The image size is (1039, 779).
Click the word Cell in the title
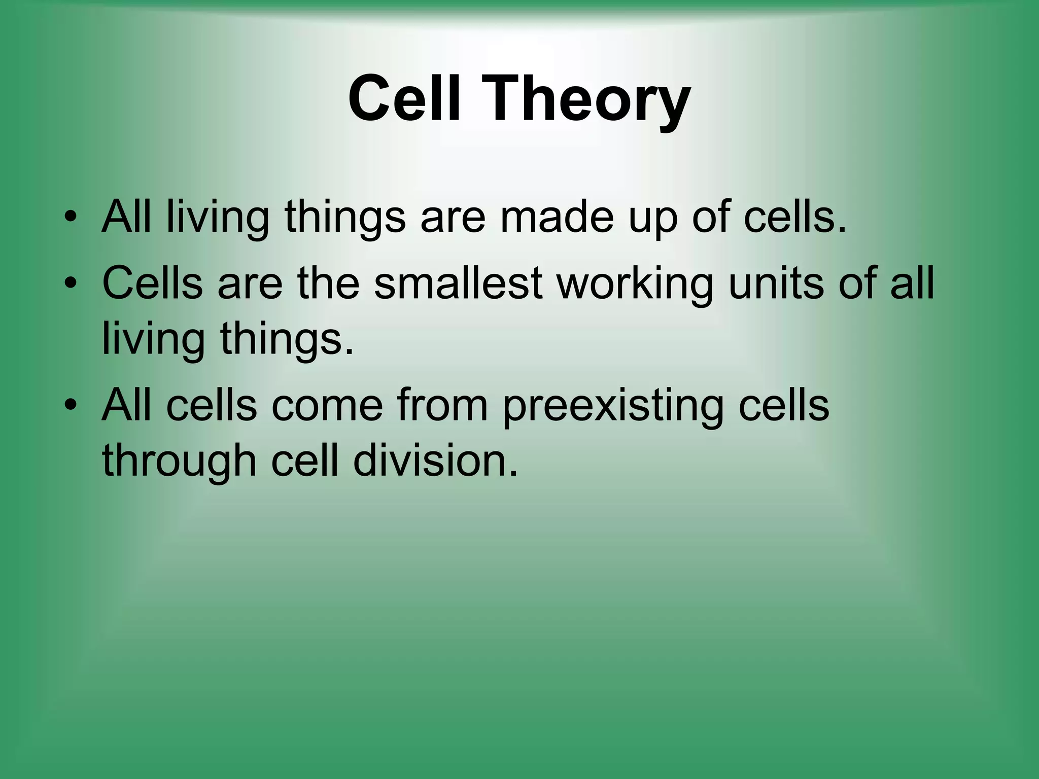[404, 97]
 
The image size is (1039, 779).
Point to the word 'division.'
[435, 461]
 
